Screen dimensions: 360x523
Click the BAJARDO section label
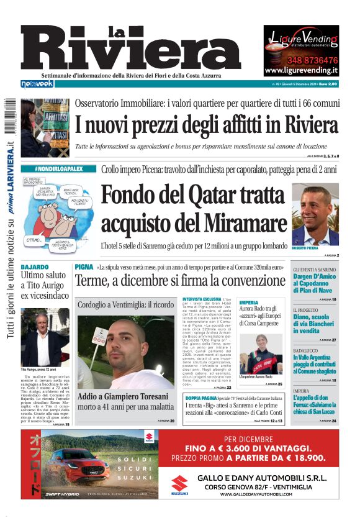pos(35,266)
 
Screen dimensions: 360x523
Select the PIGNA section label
pos(84,266)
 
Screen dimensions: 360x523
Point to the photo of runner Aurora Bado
pos(261,353)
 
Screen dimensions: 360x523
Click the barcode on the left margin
pos(9,115)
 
